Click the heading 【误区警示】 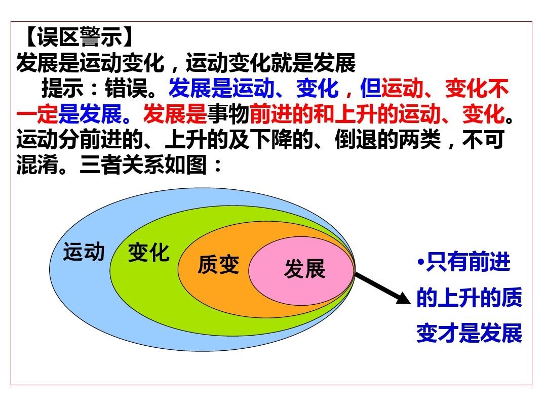pos(79,36)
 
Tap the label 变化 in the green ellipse pos(149,253)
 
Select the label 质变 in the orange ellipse pos(219,264)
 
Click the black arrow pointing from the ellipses pos(383,289)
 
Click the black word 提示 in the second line pos(63,88)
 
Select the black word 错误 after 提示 pos(126,88)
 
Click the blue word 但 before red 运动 pos(370,88)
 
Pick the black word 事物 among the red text pos(228,114)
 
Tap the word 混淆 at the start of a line pos(37,164)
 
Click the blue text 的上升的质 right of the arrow pos(469,298)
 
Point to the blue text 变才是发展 pos(469,333)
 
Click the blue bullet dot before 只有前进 pos(421,262)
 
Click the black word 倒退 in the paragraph pos(356,139)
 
